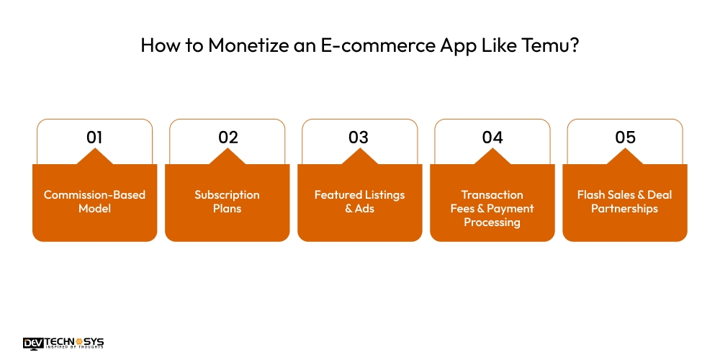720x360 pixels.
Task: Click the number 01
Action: (x=94, y=137)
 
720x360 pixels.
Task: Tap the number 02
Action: (x=228, y=137)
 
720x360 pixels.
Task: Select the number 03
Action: (x=359, y=137)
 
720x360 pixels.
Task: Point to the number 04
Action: (x=492, y=137)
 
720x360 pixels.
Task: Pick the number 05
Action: (x=625, y=137)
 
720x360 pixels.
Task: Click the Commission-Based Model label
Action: (x=94, y=202)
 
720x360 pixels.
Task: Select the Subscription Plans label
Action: (x=227, y=202)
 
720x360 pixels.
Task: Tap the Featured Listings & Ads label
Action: (x=359, y=202)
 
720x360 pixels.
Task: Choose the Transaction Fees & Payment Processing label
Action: (x=492, y=209)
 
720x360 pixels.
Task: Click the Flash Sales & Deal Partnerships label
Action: (x=625, y=202)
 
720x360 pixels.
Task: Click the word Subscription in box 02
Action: (x=227, y=195)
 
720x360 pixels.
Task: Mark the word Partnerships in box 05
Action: (x=625, y=209)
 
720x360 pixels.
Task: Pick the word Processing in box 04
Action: (x=492, y=222)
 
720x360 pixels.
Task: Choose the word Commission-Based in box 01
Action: (x=94, y=195)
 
